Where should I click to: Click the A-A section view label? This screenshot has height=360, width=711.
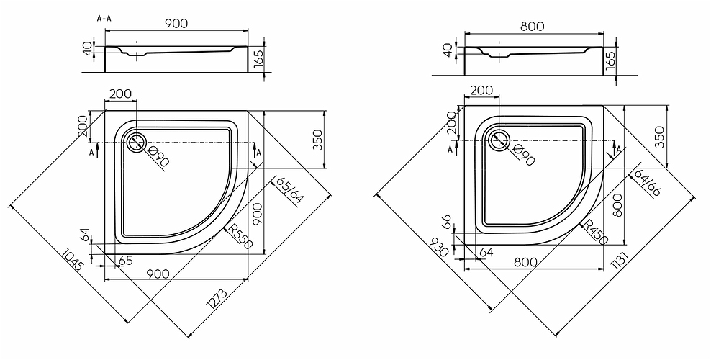point(104,19)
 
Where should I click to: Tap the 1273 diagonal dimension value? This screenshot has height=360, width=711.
point(217,299)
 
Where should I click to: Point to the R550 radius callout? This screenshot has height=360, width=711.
point(239,236)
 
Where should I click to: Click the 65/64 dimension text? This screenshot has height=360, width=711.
point(291,191)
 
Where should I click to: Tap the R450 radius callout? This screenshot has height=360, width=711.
point(594,233)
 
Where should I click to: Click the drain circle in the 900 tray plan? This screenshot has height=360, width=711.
point(135,142)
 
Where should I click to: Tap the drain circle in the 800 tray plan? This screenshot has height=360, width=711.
point(499,139)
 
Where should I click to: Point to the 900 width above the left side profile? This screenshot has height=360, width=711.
point(176,23)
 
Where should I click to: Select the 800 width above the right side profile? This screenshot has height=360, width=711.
point(533,27)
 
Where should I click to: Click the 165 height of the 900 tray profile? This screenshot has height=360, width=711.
point(258,59)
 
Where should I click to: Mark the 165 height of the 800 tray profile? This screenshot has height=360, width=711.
point(610,60)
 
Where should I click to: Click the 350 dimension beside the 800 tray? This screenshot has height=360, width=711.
point(660,137)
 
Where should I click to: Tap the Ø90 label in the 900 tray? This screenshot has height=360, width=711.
point(159,157)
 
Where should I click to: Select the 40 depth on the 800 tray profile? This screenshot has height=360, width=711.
point(448,50)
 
